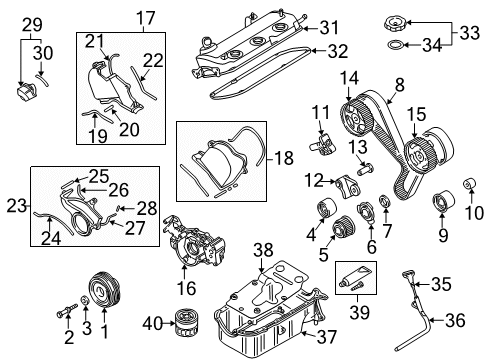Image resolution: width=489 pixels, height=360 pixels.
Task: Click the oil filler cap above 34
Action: (x=395, y=24)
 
